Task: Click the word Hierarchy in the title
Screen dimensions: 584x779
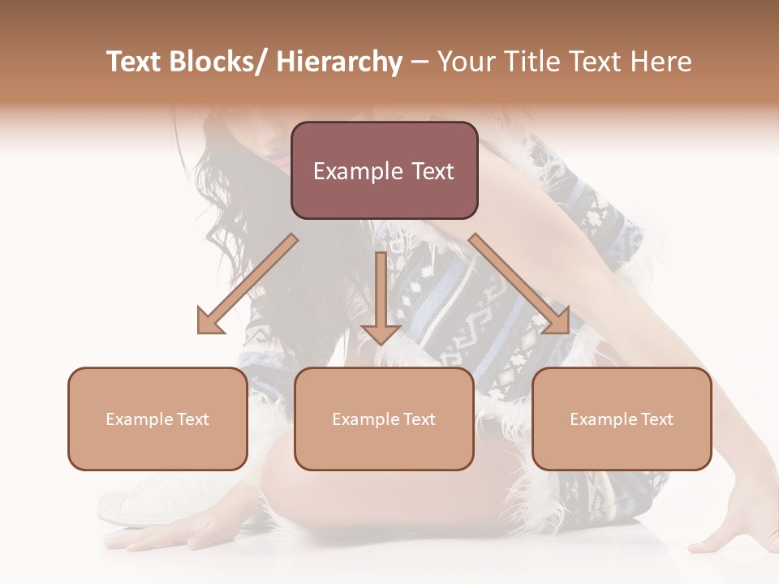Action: tap(339, 62)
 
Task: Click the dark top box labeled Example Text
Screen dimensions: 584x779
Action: tap(384, 171)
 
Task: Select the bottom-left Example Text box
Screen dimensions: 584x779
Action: tap(157, 419)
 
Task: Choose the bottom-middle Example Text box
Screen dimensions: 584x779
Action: tap(384, 419)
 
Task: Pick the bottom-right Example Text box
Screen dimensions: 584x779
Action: tap(622, 419)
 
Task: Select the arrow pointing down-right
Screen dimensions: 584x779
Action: tap(520, 285)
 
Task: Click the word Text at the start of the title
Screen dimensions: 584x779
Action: tap(134, 62)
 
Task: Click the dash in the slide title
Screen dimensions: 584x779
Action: tap(420, 62)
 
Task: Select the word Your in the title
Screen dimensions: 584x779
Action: tap(464, 62)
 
